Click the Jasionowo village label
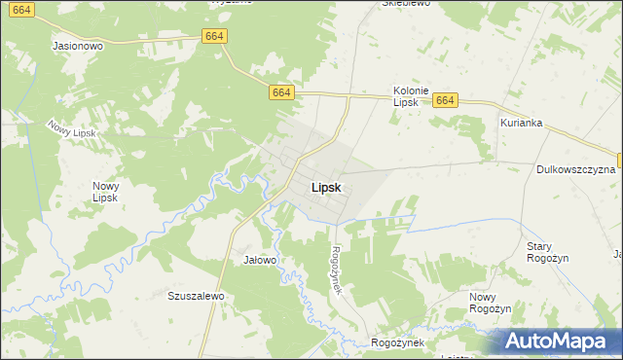pos(79,46)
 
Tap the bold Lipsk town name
pos(325,188)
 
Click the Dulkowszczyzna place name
pos(575,169)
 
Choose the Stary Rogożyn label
pos(546,252)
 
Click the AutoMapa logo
pos(562,341)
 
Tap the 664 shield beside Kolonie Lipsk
pos(445,100)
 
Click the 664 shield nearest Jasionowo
pos(215,36)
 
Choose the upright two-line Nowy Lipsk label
pos(105,192)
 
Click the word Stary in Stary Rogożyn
pos(538,246)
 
